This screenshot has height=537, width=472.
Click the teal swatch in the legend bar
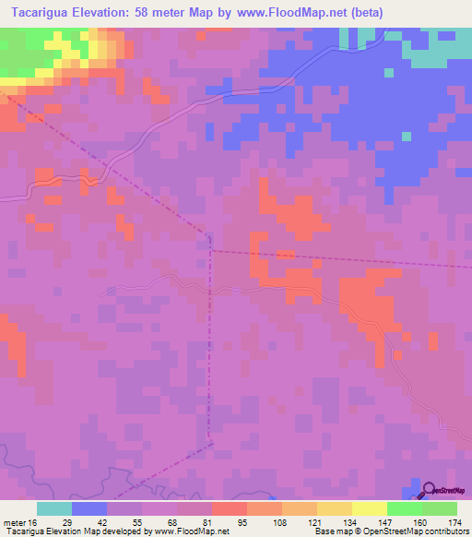(x=54, y=508)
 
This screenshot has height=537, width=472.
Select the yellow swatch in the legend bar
(x=369, y=508)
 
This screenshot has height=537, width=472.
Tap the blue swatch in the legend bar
(x=89, y=508)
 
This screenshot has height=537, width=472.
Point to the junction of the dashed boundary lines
(x=210, y=249)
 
